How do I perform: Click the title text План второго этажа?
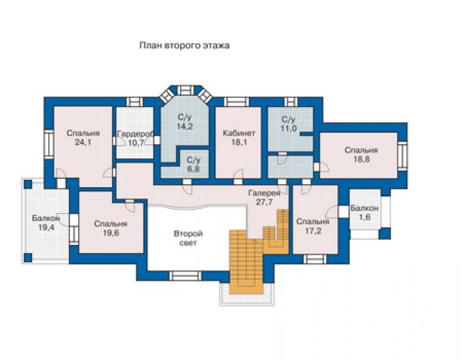[185, 46]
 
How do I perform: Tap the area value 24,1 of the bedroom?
[83, 142]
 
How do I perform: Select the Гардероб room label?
[136, 134]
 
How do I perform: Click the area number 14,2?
[185, 126]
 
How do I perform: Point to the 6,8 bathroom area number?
[193, 170]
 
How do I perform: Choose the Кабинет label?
[239, 133]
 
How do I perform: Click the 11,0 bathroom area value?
[288, 128]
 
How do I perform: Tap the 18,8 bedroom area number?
[362, 159]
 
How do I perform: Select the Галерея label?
[264, 193]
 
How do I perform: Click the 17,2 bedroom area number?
[313, 231]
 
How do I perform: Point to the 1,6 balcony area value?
[365, 217]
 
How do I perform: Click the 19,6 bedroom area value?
[111, 233]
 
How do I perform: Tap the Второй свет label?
[188, 239]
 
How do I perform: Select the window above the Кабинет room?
[237, 101]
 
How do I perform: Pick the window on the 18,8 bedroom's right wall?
[402, 156]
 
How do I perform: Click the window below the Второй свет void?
[185, 275]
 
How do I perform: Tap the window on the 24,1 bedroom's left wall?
[49, 143]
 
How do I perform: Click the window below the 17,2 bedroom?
[315, 259]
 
